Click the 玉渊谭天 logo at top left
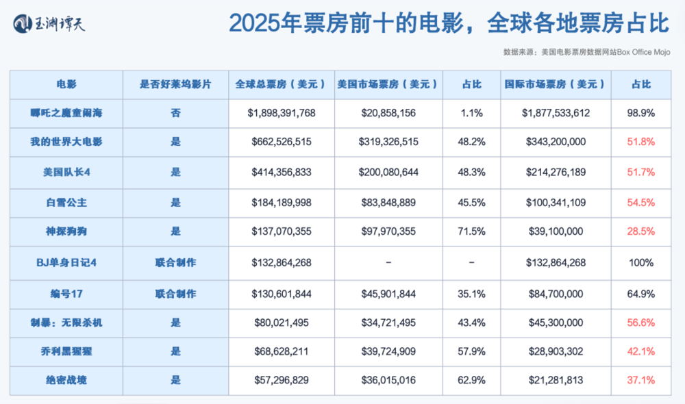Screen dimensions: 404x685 [50, 25]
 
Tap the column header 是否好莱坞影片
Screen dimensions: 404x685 [175, 84]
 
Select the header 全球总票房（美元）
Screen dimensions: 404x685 [281, 84]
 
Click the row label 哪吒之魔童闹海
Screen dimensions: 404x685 [66, 113]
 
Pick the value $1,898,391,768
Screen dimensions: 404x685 [282, 113]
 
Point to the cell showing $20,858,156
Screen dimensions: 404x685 [388, 113]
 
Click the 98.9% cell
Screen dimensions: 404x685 [641, 113]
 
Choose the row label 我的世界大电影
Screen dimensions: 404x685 [66, 142]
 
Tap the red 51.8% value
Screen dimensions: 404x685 [641, 142]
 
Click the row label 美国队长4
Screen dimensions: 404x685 [66, 173]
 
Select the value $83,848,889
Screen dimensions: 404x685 [388, 202]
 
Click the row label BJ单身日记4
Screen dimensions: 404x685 [66, 262]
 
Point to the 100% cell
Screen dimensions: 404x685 [641, 262]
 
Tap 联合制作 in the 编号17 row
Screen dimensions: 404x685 [175, 294]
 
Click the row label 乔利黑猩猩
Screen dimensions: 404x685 [66, 351]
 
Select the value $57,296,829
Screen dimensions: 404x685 [282, 380]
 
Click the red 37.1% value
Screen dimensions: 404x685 [641, 380]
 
